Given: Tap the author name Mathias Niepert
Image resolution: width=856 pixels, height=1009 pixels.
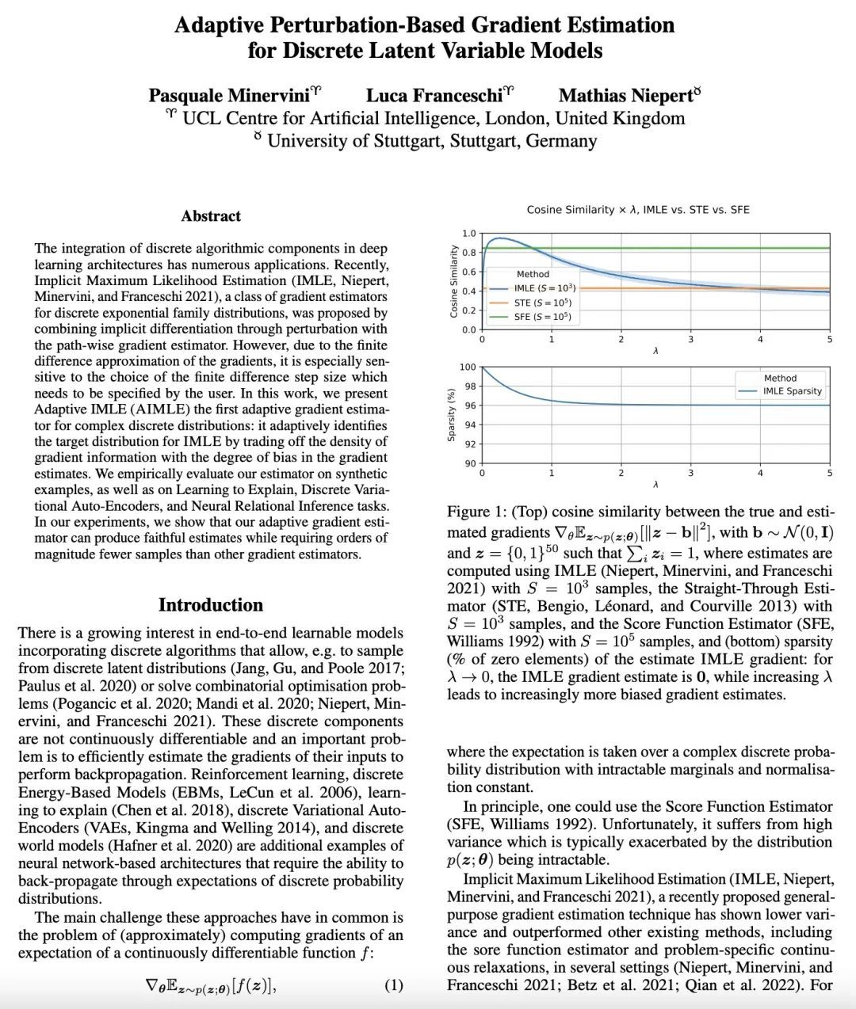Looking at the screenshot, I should (625, 96).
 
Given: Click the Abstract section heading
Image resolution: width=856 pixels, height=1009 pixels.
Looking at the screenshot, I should (211, 216).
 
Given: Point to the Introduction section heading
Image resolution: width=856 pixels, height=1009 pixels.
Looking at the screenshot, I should (211, 605).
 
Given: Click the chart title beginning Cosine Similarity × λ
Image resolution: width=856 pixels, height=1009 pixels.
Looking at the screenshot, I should (638, 210).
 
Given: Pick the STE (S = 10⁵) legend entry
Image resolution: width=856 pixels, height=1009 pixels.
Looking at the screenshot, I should (542, 303).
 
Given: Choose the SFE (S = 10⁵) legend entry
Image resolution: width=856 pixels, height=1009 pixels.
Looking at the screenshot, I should (542, 317).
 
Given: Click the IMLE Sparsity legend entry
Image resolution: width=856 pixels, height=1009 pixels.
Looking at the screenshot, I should (792, 391).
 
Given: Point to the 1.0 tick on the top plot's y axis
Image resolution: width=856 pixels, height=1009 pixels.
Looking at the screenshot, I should (469, 234).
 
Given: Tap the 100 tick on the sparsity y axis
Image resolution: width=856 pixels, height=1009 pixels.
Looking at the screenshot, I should (468, 367).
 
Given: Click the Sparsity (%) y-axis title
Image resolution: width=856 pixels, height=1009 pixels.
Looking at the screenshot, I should (452, 415).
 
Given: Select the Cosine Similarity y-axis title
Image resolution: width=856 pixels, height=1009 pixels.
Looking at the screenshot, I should (454, 282).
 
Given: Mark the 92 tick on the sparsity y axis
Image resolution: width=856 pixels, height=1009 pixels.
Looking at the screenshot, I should (469, 444).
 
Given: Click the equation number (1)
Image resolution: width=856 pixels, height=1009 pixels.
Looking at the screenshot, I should (394, 985).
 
